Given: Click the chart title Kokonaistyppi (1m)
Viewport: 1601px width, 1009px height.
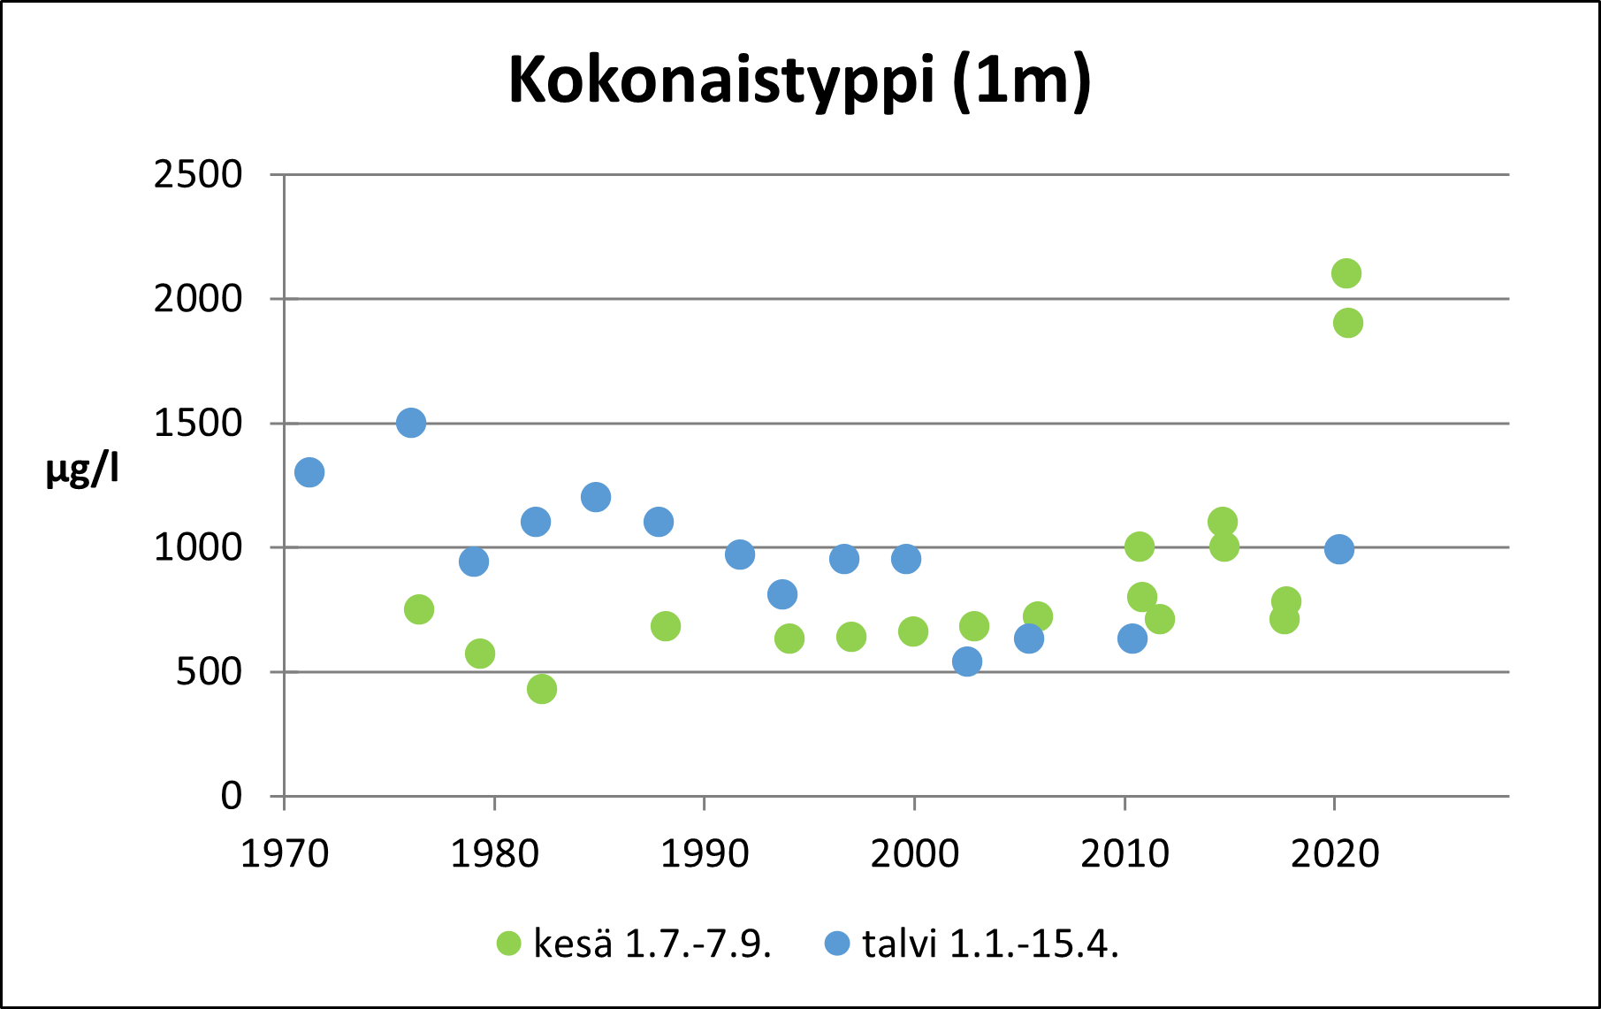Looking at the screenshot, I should coord(799,80).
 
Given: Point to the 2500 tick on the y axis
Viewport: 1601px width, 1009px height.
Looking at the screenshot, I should coord(198,175).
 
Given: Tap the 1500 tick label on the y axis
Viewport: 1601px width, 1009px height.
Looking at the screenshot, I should coord(198,424).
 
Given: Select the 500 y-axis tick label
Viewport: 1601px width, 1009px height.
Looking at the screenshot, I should coord(209,672).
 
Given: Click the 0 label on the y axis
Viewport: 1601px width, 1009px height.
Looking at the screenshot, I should coord(231,796).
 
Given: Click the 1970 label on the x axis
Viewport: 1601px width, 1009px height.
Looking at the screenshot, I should coord(285,854).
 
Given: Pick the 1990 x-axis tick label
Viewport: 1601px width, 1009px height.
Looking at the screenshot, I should coord(705,854).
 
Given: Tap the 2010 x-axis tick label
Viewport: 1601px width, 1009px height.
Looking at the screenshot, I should coord(1125,854).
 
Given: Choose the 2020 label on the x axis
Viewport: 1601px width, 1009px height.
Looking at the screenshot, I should coord(1335,854).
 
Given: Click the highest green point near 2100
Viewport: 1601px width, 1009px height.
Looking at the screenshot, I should coord(1346,273).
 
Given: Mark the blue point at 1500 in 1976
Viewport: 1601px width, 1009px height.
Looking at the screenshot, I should coord(411,424).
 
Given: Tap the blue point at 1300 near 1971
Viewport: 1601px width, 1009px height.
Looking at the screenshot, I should coord(309,472).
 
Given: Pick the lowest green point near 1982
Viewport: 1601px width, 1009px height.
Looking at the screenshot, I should coord(542,689).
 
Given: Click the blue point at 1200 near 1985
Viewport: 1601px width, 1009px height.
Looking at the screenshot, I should coord(596,497).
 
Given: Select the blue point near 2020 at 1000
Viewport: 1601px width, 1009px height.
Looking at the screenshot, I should coord(1339,549).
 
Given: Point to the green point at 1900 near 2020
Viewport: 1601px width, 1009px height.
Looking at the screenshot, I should coord(1347,323).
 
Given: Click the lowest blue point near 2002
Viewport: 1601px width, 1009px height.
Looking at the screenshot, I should coord(967,661).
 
